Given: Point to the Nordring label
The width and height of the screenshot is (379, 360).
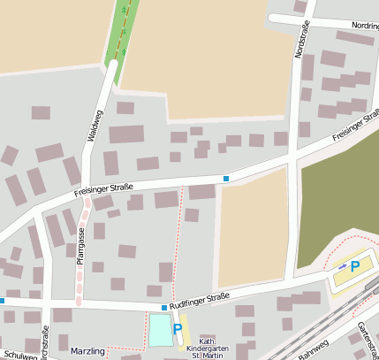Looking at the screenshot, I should click(x=364, y=27).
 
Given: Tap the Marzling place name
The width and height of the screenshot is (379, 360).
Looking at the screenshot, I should click(x=87, y=351).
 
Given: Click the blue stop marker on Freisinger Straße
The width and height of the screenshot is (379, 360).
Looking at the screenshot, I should click(x=226, y=179).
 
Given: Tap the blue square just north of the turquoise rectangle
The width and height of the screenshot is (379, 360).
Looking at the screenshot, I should click(x=164, y=308).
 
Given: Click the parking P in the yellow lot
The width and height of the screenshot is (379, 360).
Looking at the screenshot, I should click(x=355, y=266).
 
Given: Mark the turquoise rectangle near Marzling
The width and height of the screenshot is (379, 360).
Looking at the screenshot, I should click(x=160, y=331).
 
